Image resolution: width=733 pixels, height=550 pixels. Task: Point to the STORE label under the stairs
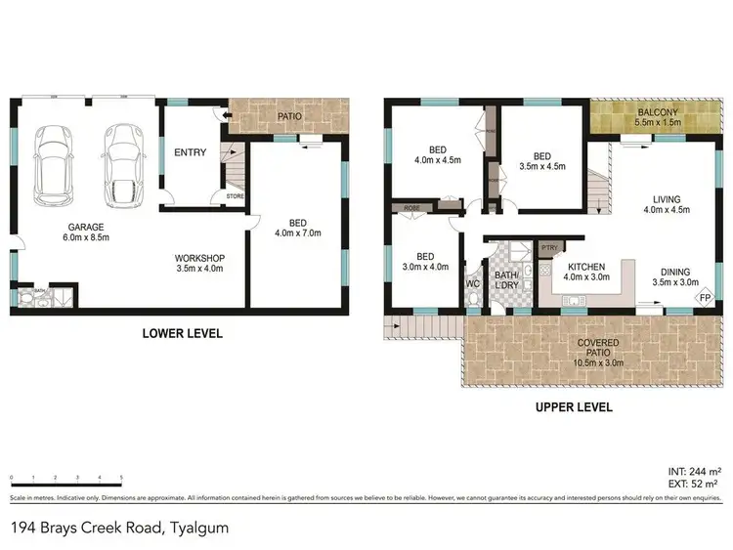[234, 196]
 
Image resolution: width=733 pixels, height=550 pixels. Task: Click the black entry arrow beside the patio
[227, 116]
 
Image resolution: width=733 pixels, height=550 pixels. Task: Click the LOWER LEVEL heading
[183, 333]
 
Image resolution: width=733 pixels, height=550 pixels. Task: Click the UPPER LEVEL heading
[574, 406]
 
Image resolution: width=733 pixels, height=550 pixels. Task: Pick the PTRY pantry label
[549, 248]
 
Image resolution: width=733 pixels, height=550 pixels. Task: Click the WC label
[473, 284]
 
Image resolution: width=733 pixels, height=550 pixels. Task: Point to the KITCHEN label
[585, 267]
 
